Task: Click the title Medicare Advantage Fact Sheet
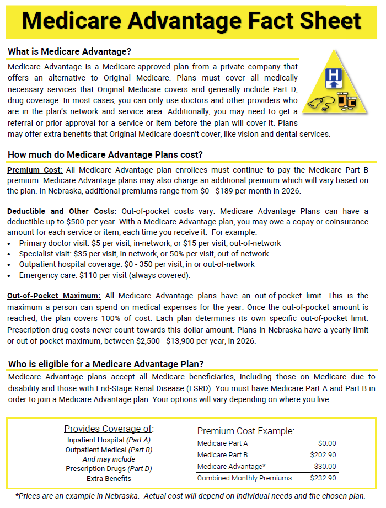tap(192, 21)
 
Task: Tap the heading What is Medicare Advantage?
tap(69, 52)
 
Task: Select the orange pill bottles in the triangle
tap(348, 102)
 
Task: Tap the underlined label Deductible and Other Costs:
tap(62, 211)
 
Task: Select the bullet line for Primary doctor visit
tap(149, 243)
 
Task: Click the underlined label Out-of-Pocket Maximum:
tap(54, 295)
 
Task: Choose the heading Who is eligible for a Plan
tap(106, 364)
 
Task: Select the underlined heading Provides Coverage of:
tap(109, 429)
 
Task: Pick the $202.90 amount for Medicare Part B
tap(323, 455)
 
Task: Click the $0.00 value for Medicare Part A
tap(326, 443)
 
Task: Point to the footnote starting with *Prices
tap(190, 495)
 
